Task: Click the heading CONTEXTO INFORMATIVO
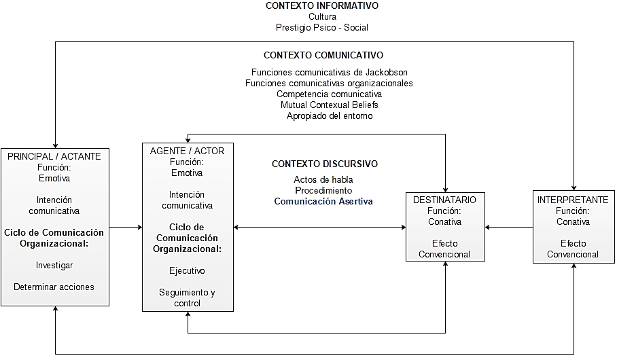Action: click(x=322, y=5)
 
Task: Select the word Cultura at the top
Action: click(x=322, y=16)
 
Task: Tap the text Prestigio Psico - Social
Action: click(x=322, y=27)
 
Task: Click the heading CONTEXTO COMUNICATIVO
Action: click(x=323, y=55)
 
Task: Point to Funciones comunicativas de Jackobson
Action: click(x=330, y=72)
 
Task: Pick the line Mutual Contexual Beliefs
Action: click(x=330, y=105)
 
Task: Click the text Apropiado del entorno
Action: click(x=330, y=115)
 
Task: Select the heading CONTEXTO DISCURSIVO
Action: click(x=325, y=164)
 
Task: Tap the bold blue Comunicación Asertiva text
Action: click(x=323, y=201)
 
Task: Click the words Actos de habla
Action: click(x=323, y=179)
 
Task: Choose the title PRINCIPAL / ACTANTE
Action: click(x=54, y=156)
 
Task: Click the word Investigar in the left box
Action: click(x=54, y=265)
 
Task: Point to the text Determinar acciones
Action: click(x=54, y=287)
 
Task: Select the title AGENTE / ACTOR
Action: click(x=187, y=151)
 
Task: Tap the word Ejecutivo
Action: click(x=187, y=270)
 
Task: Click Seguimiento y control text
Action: click(x=187, y=298)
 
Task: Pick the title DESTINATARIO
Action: click(x=445, y=200)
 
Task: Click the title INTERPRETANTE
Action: click(x=573, y=200)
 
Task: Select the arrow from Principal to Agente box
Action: click(x=126, y=227)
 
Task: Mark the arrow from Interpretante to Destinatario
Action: click(x=510, y=227)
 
